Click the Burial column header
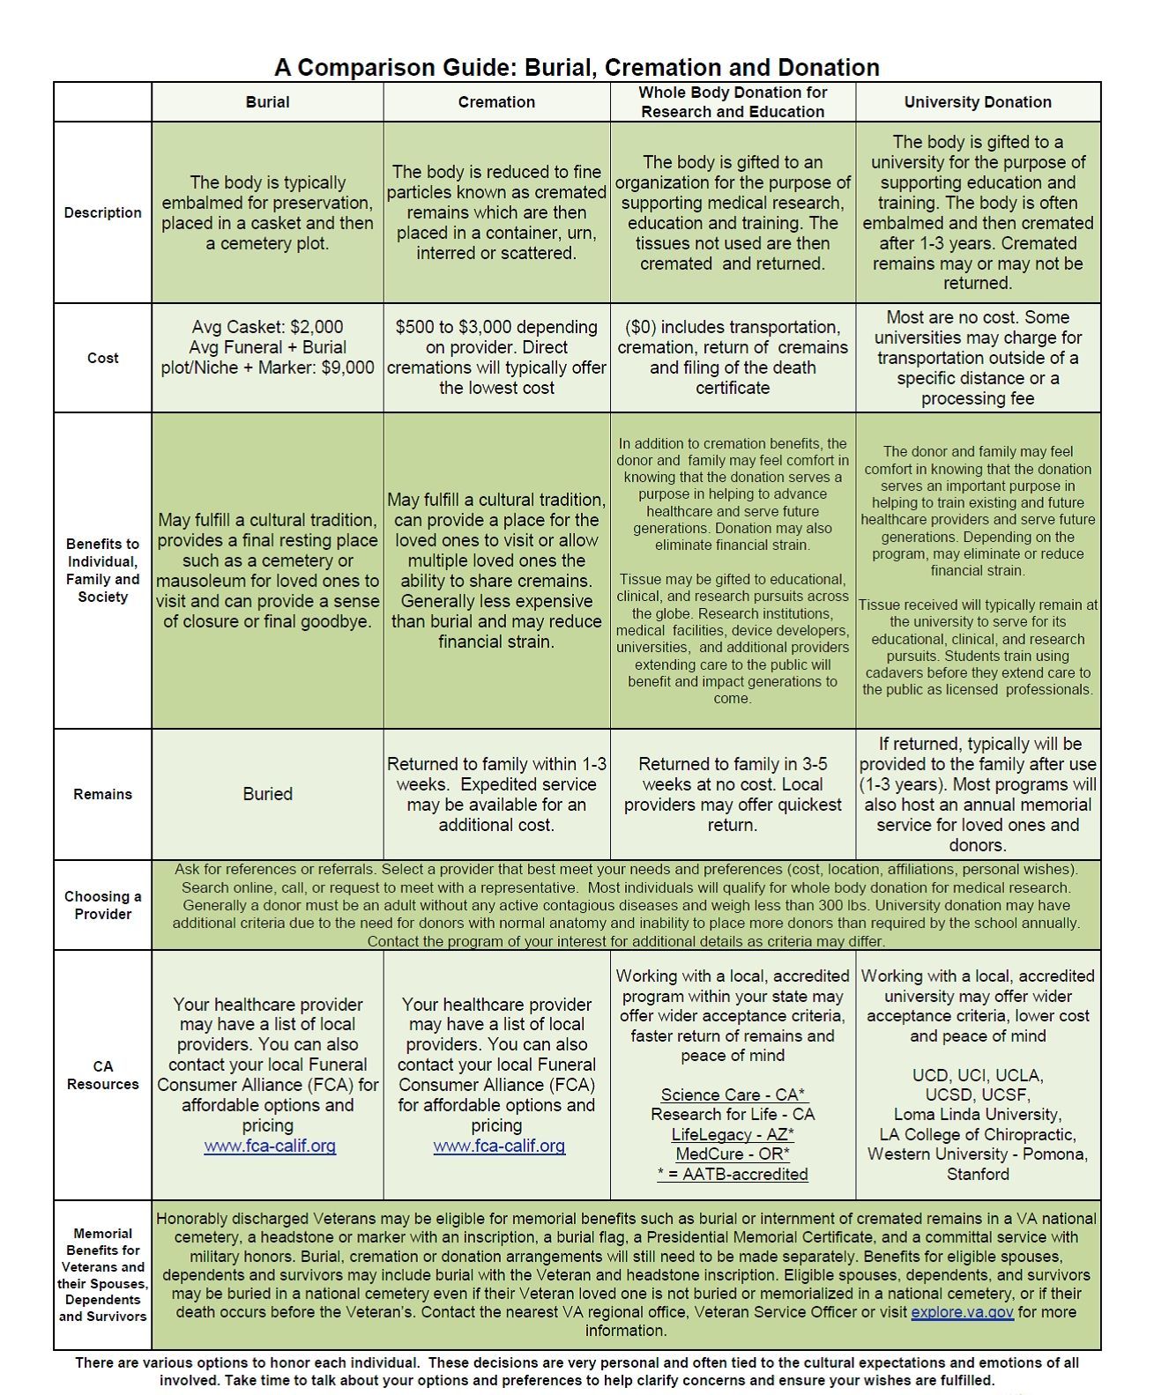(x=267, y=102)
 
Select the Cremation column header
(x=496, y=102)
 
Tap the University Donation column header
(x=978, y=102)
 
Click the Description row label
(x=102, y=212)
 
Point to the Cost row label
(x=102, y=358)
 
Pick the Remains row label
(x=102, y=794)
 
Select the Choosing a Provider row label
(x=102, y=905)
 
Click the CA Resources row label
(x=102, y=1075)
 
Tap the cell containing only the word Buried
(x=267, y=794)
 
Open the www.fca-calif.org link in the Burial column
(x=270, y=1146)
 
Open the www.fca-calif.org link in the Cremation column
(x=499, y=1146)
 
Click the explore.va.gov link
(x=962, y=1312)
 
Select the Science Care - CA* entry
(x=733, y=1094)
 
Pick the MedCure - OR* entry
(x=733, y=1154)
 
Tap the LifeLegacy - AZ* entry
(x=733, y=1134)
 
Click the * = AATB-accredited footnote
(x=733, y=1174)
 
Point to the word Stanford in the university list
(x=978, y=1174)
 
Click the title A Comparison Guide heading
(x=577, y=68)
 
